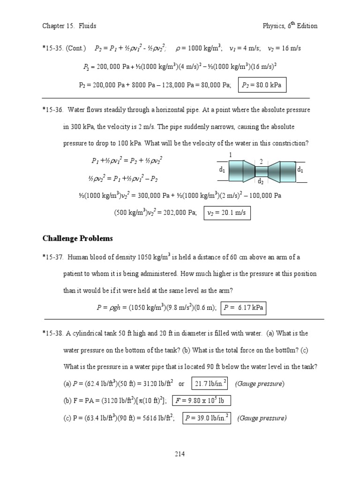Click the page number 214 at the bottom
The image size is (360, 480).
180,454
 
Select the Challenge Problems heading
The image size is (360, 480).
77,239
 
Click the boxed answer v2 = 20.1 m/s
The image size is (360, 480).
227,214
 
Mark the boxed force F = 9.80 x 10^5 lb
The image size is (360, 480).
202,400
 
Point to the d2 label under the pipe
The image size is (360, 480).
261,181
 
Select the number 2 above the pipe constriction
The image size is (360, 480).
261,162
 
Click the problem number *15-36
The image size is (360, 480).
53,110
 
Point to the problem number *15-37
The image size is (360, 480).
53,257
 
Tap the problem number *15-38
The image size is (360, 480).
53,333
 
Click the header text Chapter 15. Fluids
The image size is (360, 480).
69,26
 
